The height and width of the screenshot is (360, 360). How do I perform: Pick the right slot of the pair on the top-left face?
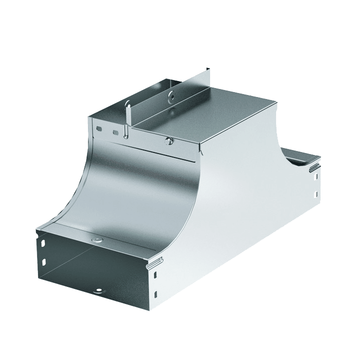pyautogui.click(x=115, y=132)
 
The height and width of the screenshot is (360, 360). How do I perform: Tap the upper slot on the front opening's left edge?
pyautogui.click(x=43, y=243)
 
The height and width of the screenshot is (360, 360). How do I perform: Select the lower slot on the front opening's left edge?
pyautogui.click(x=43, y=261)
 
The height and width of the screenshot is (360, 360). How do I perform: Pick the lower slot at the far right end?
pyautogui.click(x=315, y=195)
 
